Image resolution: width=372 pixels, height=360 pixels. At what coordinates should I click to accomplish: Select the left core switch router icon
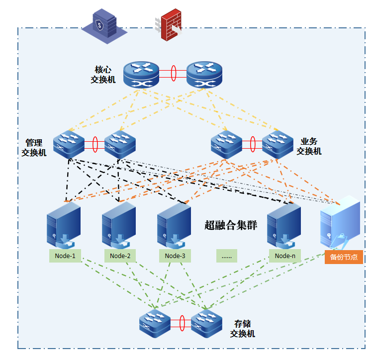[x=141, y=75]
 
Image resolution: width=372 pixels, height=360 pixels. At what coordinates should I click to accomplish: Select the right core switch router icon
[x=204, y=75]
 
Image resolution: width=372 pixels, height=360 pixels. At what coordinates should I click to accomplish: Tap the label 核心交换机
[x=102, y=74]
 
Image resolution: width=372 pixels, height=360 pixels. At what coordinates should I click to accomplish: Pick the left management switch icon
[x=69, y=144]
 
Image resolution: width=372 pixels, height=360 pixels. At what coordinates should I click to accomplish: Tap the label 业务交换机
[x=309, y=146]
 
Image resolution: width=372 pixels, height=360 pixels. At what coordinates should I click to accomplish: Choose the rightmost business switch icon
[x=278, y=144]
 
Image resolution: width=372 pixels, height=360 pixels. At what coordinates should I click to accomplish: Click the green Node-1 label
[x=65, y=256]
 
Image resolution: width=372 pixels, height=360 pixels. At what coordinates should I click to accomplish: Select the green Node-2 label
[x=120, y=256]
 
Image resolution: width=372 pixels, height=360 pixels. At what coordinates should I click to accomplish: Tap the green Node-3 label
[x=175, y=256]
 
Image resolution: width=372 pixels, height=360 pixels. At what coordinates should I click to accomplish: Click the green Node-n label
[x=285, y=256]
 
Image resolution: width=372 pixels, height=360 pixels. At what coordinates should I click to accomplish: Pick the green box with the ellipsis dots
[x=227, y=256]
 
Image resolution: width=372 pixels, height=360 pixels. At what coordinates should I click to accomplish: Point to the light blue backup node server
[x=340, y=224]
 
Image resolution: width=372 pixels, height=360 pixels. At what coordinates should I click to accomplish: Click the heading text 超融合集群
[x=231, y=225]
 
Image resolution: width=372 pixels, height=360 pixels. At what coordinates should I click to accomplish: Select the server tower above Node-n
[x=283, y=225]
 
